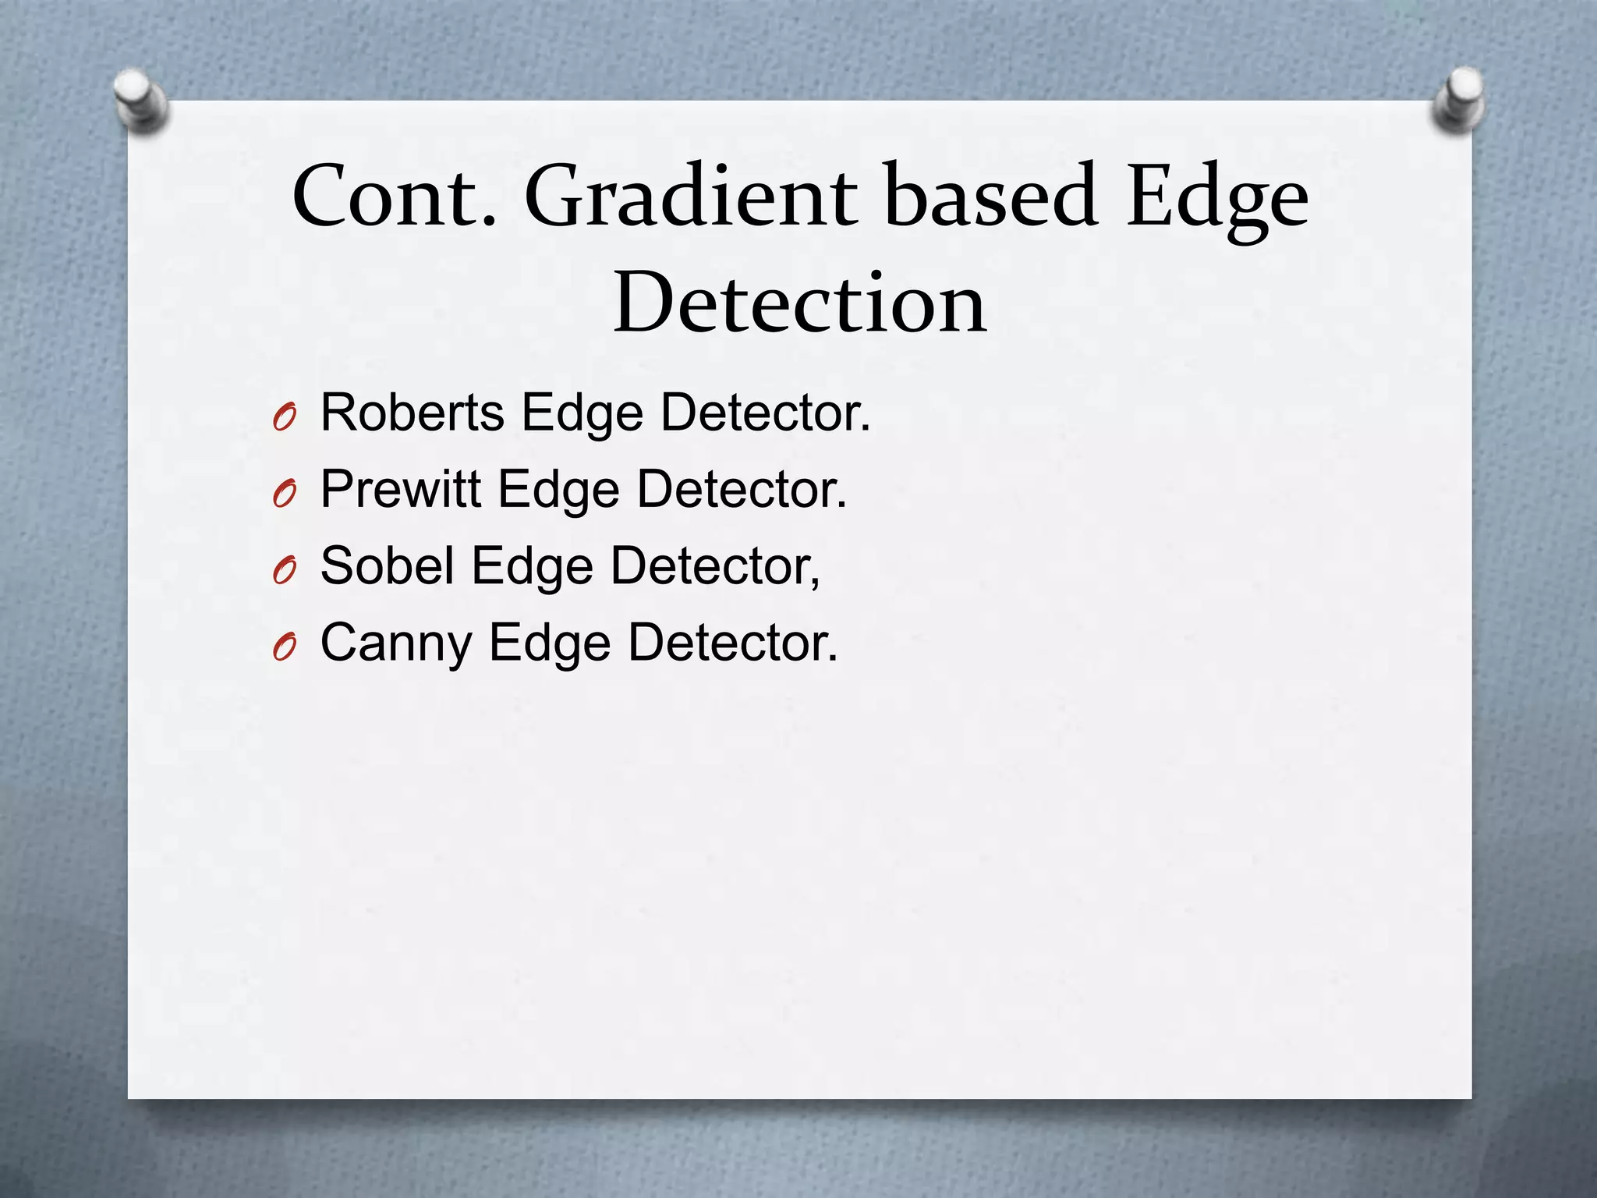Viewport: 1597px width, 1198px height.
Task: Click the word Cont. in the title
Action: click(x=394, y=196)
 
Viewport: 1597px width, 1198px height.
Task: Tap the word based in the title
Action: click(x=991, y=196)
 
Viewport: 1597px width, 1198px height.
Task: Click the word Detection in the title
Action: click(x=800, y=303)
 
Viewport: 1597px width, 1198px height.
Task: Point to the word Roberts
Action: click(x=412, y=413)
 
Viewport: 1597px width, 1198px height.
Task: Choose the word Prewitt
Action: click(x=400, y=490)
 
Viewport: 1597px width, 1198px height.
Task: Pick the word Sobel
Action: click(x=387, y=565)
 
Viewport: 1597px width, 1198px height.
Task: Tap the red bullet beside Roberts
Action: click(x=285, y=419)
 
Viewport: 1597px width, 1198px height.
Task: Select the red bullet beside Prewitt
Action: click(x=285, y=494)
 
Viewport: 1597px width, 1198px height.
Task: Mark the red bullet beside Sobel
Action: click(x=285, y=572)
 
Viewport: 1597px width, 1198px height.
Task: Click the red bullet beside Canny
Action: click(x=285, y=647)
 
